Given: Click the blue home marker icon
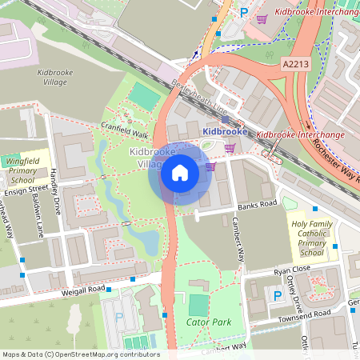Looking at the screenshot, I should click(x=180, y=173).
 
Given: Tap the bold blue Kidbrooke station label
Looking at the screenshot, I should click(x=225, y=130).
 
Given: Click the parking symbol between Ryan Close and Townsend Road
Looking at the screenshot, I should click(x=278, y=295).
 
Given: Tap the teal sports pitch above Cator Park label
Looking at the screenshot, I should click(x=197, y=305).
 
